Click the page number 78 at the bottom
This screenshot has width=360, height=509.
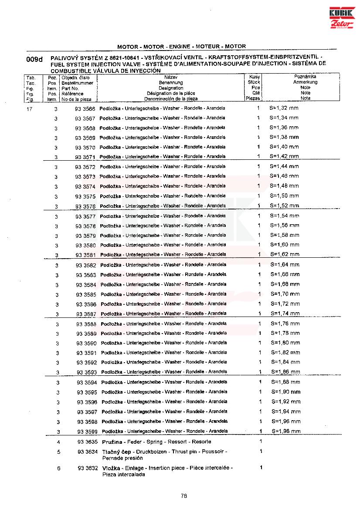[184, 495]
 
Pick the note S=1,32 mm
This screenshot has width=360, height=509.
[284, 108]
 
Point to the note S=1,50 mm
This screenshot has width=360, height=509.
[285, 196]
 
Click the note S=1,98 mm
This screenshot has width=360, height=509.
[286, 431]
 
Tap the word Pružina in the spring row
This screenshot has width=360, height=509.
[112, 442]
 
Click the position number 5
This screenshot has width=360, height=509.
[59, 452]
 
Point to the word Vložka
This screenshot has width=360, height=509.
[111, 468]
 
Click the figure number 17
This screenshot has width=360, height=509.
[30, 108]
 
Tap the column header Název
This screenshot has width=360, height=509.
[170, 77]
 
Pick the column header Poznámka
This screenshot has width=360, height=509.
[305, 77]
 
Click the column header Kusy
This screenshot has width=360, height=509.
[255, 77]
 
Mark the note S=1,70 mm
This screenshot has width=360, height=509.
[285, 294]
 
